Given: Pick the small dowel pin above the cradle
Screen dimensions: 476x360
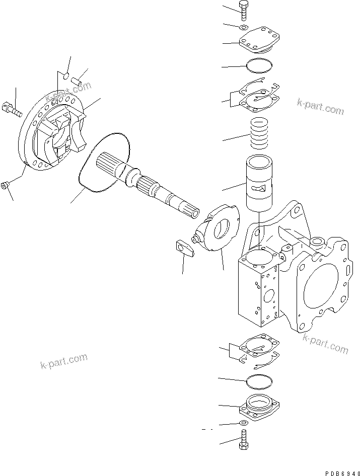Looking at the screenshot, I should coord(79,80).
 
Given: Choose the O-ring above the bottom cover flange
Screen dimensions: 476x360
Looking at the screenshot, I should coord(260,380).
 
